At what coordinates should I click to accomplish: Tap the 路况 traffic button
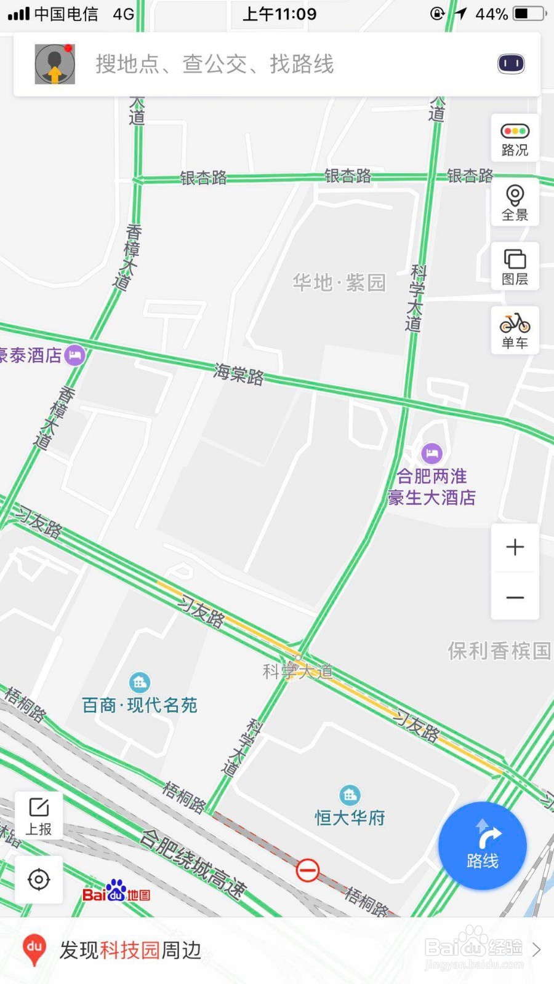[x=515, y=138]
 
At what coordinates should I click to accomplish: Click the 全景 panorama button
[x=515, y=202]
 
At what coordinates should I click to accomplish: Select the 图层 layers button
[x=515, y=266]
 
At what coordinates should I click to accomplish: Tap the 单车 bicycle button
[x=515, y=330]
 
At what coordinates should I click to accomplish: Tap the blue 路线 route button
[x=483, y=846]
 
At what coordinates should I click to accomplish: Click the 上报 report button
[x=39, y=815]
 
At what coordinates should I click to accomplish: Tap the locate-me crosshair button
[x=39, y=879]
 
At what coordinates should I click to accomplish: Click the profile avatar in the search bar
[x=55, y=64]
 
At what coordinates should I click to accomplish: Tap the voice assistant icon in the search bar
[x=511, y=64]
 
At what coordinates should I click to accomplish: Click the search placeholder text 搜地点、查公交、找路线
[x=214, y=64]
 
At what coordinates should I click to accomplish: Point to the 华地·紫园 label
[x=339, y=283]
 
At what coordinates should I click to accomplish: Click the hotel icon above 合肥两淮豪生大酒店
[x=432, y=454]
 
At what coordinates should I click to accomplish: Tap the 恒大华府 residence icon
[x=350, y=795]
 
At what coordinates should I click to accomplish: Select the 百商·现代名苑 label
[x=140, y=705]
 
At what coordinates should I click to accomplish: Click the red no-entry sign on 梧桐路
[x=308, y=870]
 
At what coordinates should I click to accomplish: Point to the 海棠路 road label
[x=239, y=374]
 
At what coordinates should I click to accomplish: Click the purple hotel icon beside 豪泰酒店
[x=75, y=355]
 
